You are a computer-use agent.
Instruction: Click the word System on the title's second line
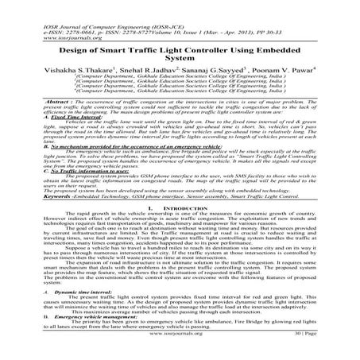180,58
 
